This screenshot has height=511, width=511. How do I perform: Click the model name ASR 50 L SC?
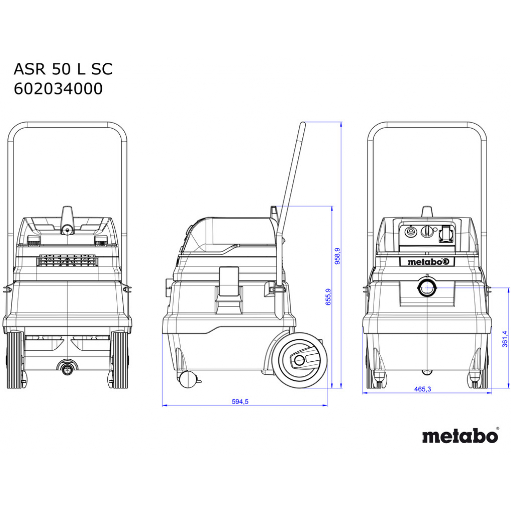(63, 69)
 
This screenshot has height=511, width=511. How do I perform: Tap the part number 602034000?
(58, 89)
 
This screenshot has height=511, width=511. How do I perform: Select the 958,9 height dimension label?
(337, 256)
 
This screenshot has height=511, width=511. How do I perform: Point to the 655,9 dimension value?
(328, 296)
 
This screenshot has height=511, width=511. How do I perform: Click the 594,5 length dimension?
(240, 402)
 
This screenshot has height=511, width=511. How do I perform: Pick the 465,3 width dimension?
(422, 389)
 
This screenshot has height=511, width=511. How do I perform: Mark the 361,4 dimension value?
(505, 339)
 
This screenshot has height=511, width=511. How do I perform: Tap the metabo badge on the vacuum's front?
(427, 261)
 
